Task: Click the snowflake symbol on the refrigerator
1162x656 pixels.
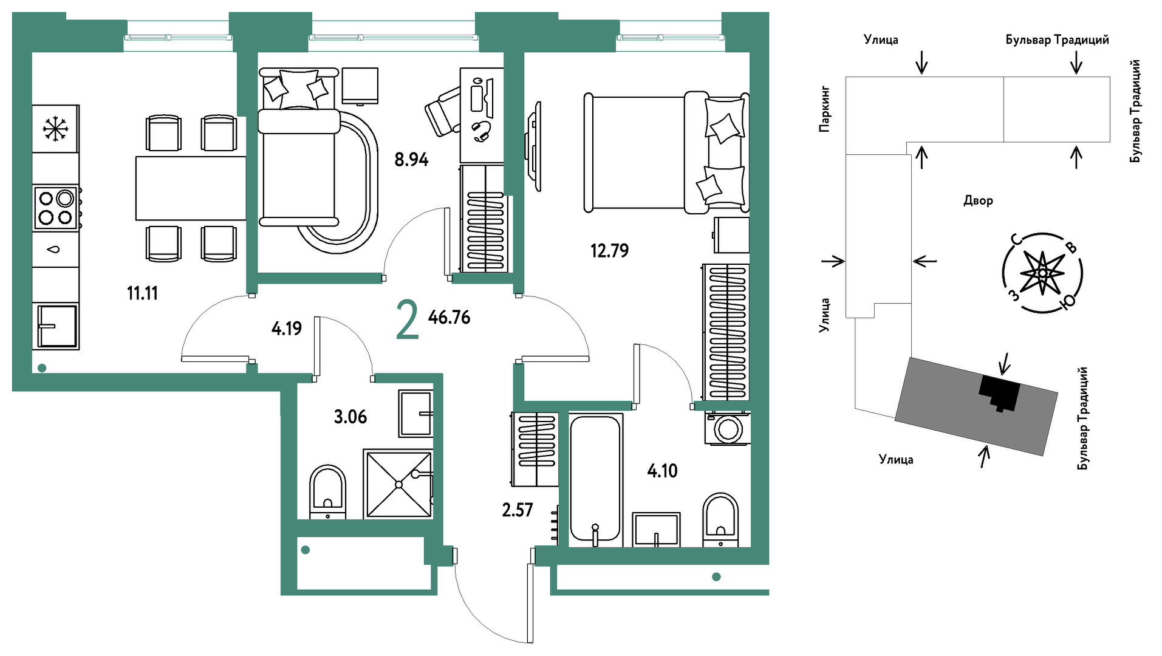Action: click(x=55, y=129)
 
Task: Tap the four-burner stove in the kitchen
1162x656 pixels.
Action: click(x=56, y=208)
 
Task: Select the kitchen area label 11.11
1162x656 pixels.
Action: click(x=142, y=293)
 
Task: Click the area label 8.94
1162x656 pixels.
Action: click(x=411, y=160)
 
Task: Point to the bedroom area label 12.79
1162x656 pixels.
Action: click(x=609, y=250)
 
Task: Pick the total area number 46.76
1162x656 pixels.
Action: click(x=449, y=317)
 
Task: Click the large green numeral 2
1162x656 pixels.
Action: click(x=407, y=321)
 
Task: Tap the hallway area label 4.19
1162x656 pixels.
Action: click(x=286, y=329)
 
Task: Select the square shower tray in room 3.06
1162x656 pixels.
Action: click(x=398, y=484)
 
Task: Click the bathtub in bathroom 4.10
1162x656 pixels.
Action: click(x=595, y=480)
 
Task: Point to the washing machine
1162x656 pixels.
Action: click(x=727, y=428)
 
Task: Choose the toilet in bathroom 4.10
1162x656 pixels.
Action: click(x=720, y=520)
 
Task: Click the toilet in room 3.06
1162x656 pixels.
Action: click(x=328, y=492)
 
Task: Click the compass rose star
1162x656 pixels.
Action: click(x=1042, y=273)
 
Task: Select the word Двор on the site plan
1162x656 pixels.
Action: click(x=978, y=200)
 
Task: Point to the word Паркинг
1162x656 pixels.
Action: click(x=824, y=109)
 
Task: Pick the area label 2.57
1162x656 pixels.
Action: click(x=517, y=510)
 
